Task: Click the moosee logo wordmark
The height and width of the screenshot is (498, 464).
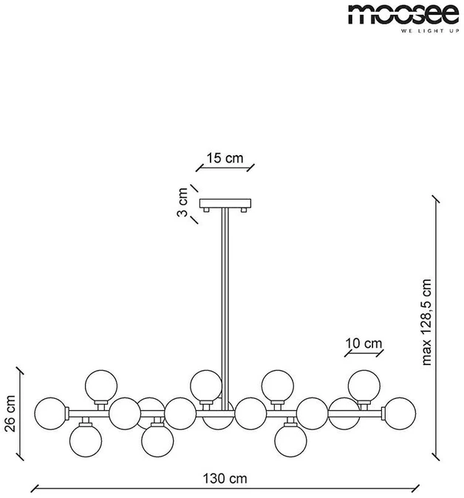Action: pyautogui.click(x=403, y=15)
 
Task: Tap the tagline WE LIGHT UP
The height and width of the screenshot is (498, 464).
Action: pyautogui.click(x=430, y=31)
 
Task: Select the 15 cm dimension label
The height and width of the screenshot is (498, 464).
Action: pyautogui.click(x=225, y=158)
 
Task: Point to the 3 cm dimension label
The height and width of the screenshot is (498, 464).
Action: pyautogui.click(x=182, y=202)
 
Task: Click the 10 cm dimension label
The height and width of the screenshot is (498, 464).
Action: pyautogui.click(x=364, y=344)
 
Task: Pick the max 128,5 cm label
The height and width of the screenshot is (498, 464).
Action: pyautogui.click(x=426, y=322)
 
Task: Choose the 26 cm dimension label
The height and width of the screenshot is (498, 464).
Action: pyautogui.click(x=10, y=414)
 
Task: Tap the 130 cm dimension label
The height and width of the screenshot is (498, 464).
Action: pyautogui.click(x=225, y=478)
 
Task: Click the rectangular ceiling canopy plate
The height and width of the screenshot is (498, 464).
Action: pyautogui.click(x=225, y=203)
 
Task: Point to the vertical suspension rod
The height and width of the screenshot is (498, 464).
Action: pyautogui.click(x=225, y=309)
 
